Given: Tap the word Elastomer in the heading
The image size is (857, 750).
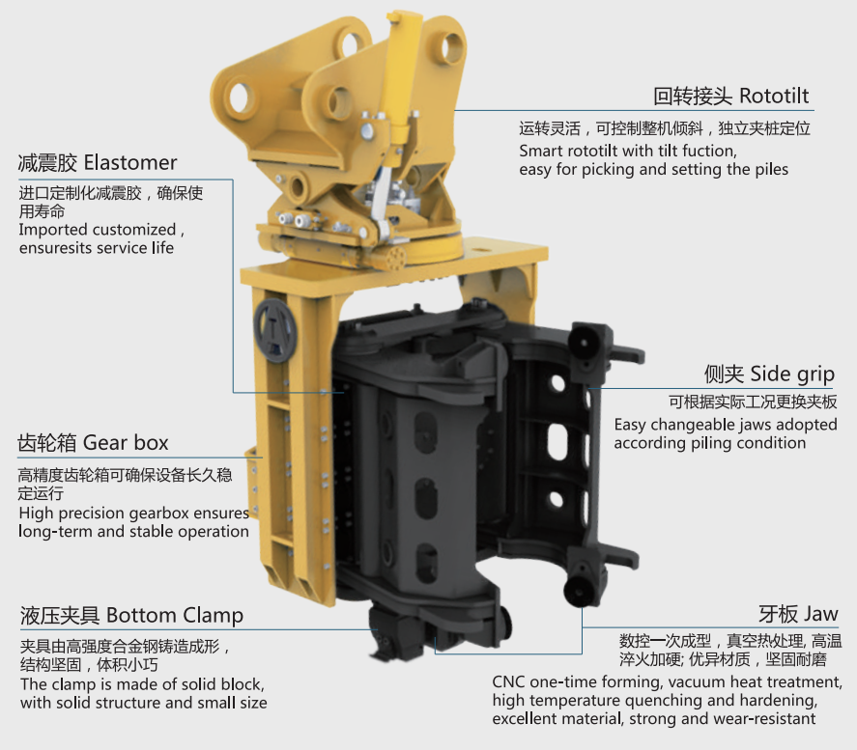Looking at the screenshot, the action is (130, 163).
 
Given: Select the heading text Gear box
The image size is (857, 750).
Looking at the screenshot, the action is (126, 443).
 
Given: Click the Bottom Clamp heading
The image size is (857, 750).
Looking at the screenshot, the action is (174, 615).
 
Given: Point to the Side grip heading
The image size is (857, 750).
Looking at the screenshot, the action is (792, 375).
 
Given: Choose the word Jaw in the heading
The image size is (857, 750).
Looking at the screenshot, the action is (820, 614).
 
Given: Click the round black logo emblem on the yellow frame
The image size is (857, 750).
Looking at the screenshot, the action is (275, 331).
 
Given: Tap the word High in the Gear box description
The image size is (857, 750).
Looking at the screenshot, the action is (36, 514).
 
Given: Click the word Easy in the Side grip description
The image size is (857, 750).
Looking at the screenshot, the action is (630, 425).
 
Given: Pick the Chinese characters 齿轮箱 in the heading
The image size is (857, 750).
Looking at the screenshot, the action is (47, 443).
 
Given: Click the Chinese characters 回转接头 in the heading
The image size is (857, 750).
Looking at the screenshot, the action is (693, 97).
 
